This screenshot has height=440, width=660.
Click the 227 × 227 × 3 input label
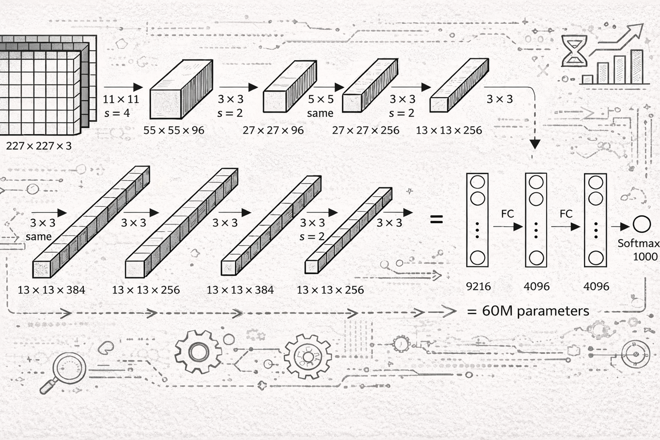click(x=39, y=146)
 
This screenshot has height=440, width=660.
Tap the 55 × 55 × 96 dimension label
click(x=174, y=130)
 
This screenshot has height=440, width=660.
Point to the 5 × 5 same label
click(x=320, y=106)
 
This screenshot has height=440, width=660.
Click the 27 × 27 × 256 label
click(x=365, y=130)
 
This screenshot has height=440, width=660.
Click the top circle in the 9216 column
click(x=477, y=182)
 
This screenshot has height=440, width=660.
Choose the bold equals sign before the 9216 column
click(x=436, y=219)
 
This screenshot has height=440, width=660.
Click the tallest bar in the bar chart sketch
click(x=637, y=67)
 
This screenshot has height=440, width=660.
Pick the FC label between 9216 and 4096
click(x=507, y=214)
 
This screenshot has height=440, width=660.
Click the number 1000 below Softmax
click(x=645, y=256)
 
